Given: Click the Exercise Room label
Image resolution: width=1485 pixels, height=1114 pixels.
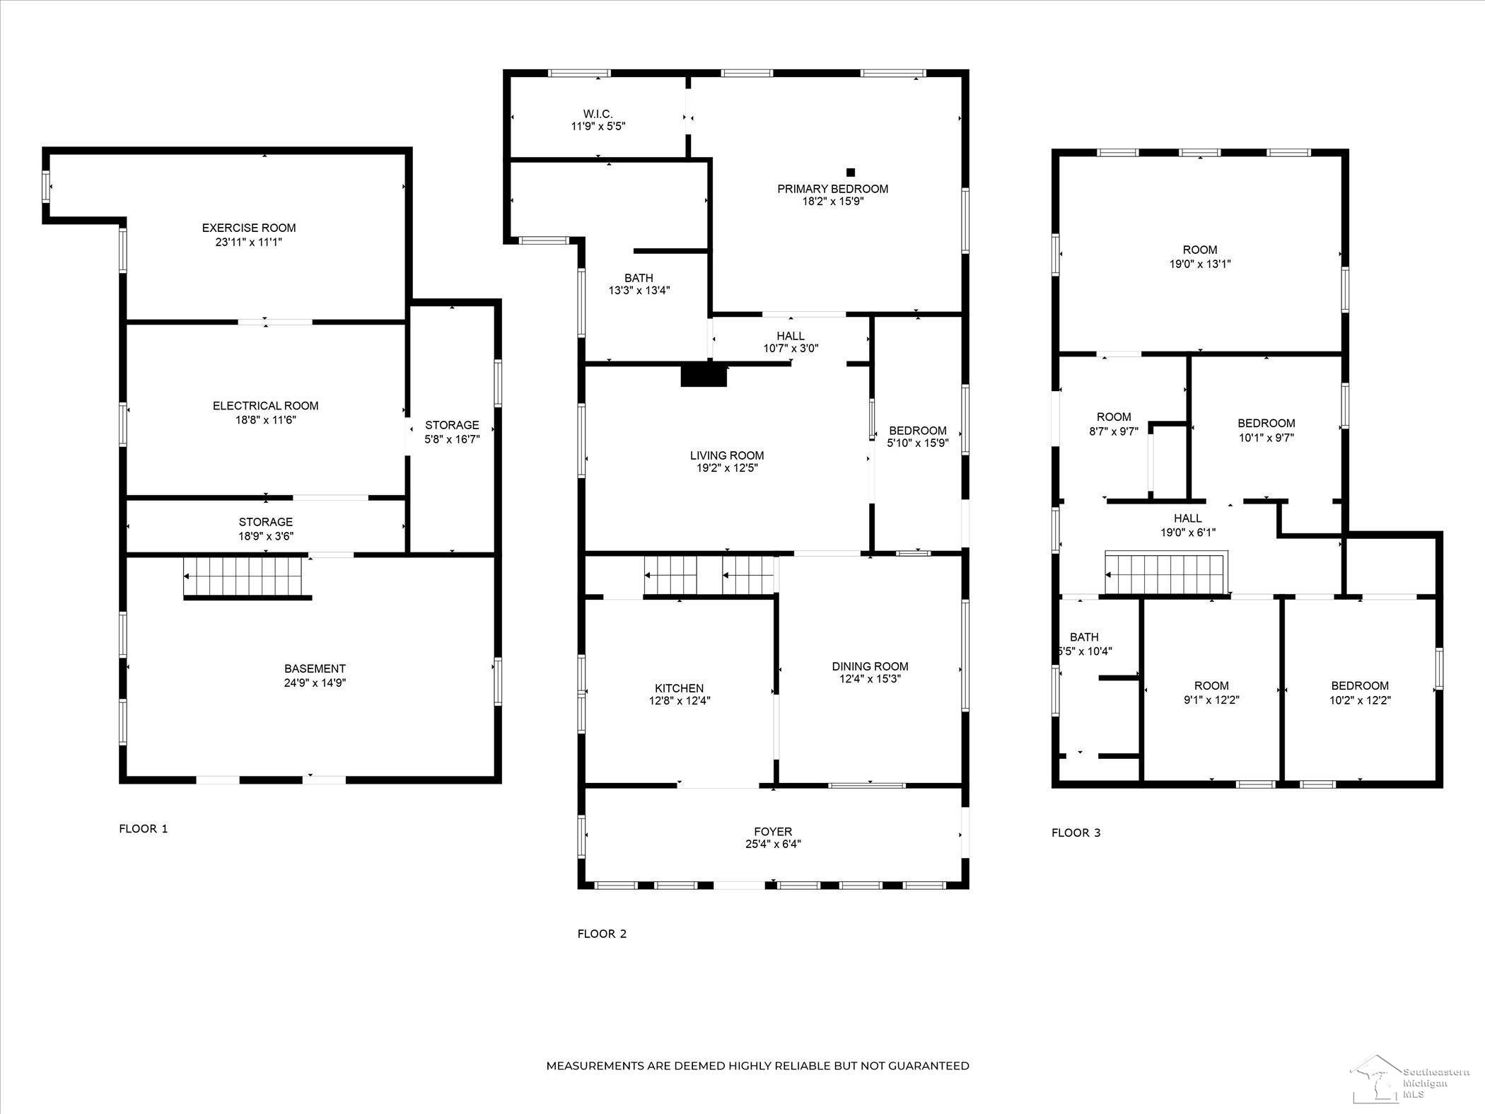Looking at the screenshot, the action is pos(249,228).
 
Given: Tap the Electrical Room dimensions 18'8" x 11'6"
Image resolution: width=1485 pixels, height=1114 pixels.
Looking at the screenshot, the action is pos(266,419).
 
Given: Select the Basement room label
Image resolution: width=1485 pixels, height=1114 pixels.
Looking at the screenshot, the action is pos(315,668).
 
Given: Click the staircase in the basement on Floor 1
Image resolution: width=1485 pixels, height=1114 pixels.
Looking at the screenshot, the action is pos(247,577).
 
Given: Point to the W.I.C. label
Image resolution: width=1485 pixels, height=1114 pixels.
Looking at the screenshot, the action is pos(598,114).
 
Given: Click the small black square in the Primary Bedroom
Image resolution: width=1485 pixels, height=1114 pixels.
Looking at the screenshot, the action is pos(851,172).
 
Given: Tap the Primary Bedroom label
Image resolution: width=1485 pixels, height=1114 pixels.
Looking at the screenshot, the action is pos(833,189).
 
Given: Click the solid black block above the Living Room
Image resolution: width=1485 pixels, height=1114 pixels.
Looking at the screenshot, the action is pos(704,375).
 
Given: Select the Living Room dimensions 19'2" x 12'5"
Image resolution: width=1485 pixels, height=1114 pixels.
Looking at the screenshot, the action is pos(727,468).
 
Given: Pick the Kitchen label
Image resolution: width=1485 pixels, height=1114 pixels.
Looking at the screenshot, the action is pos(680,688).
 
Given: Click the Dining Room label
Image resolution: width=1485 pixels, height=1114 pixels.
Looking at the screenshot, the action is pos(870,666).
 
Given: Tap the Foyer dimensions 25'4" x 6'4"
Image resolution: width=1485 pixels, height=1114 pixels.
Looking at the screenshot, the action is pos(773,844).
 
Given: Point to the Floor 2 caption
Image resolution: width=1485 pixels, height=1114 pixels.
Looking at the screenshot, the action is pos(602,934).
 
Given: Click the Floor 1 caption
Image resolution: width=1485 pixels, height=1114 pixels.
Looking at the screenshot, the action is pos(144,829).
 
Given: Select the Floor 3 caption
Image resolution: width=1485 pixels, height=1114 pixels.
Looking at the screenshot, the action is pos(1076,832).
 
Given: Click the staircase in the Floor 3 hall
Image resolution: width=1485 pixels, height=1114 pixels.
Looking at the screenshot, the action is pos(1165,574).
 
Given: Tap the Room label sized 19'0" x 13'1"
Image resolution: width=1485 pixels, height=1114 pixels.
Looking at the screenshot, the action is pos(1201,250).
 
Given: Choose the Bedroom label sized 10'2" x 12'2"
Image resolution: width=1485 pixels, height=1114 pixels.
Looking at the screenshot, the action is pos(1360,685).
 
